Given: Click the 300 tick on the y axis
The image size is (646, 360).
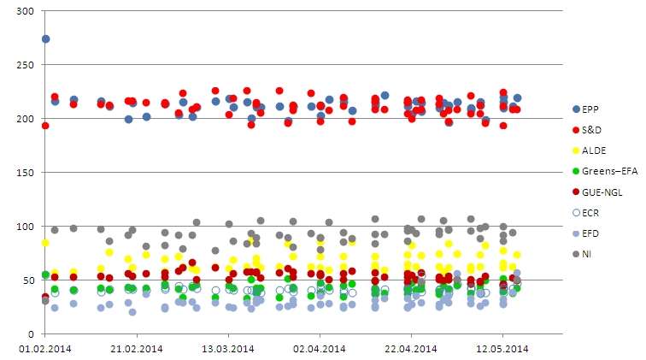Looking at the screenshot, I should (x=25, y=10).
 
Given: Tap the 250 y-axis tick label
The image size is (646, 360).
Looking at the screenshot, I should (x=25, y=64).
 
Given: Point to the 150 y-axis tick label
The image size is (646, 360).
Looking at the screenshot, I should (x=25, y=173).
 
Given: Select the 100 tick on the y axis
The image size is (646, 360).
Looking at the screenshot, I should (x=25, y=227).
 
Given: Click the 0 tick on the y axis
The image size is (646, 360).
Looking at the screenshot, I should (x=31, y=334).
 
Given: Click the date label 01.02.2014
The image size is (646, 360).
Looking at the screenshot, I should (x=45, y=348).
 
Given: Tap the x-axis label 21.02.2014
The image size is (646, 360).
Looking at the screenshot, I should (x=137, y=348).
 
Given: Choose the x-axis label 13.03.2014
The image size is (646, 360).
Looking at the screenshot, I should (x=228, y=348).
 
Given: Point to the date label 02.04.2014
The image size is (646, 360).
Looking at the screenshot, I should (x=320, y=348).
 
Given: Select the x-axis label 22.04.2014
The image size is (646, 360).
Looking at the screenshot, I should (x=411, y=348).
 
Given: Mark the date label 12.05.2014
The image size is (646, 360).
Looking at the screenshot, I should (x=502, y=348).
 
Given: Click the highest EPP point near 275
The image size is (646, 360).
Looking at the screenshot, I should (x=45, y=38).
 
